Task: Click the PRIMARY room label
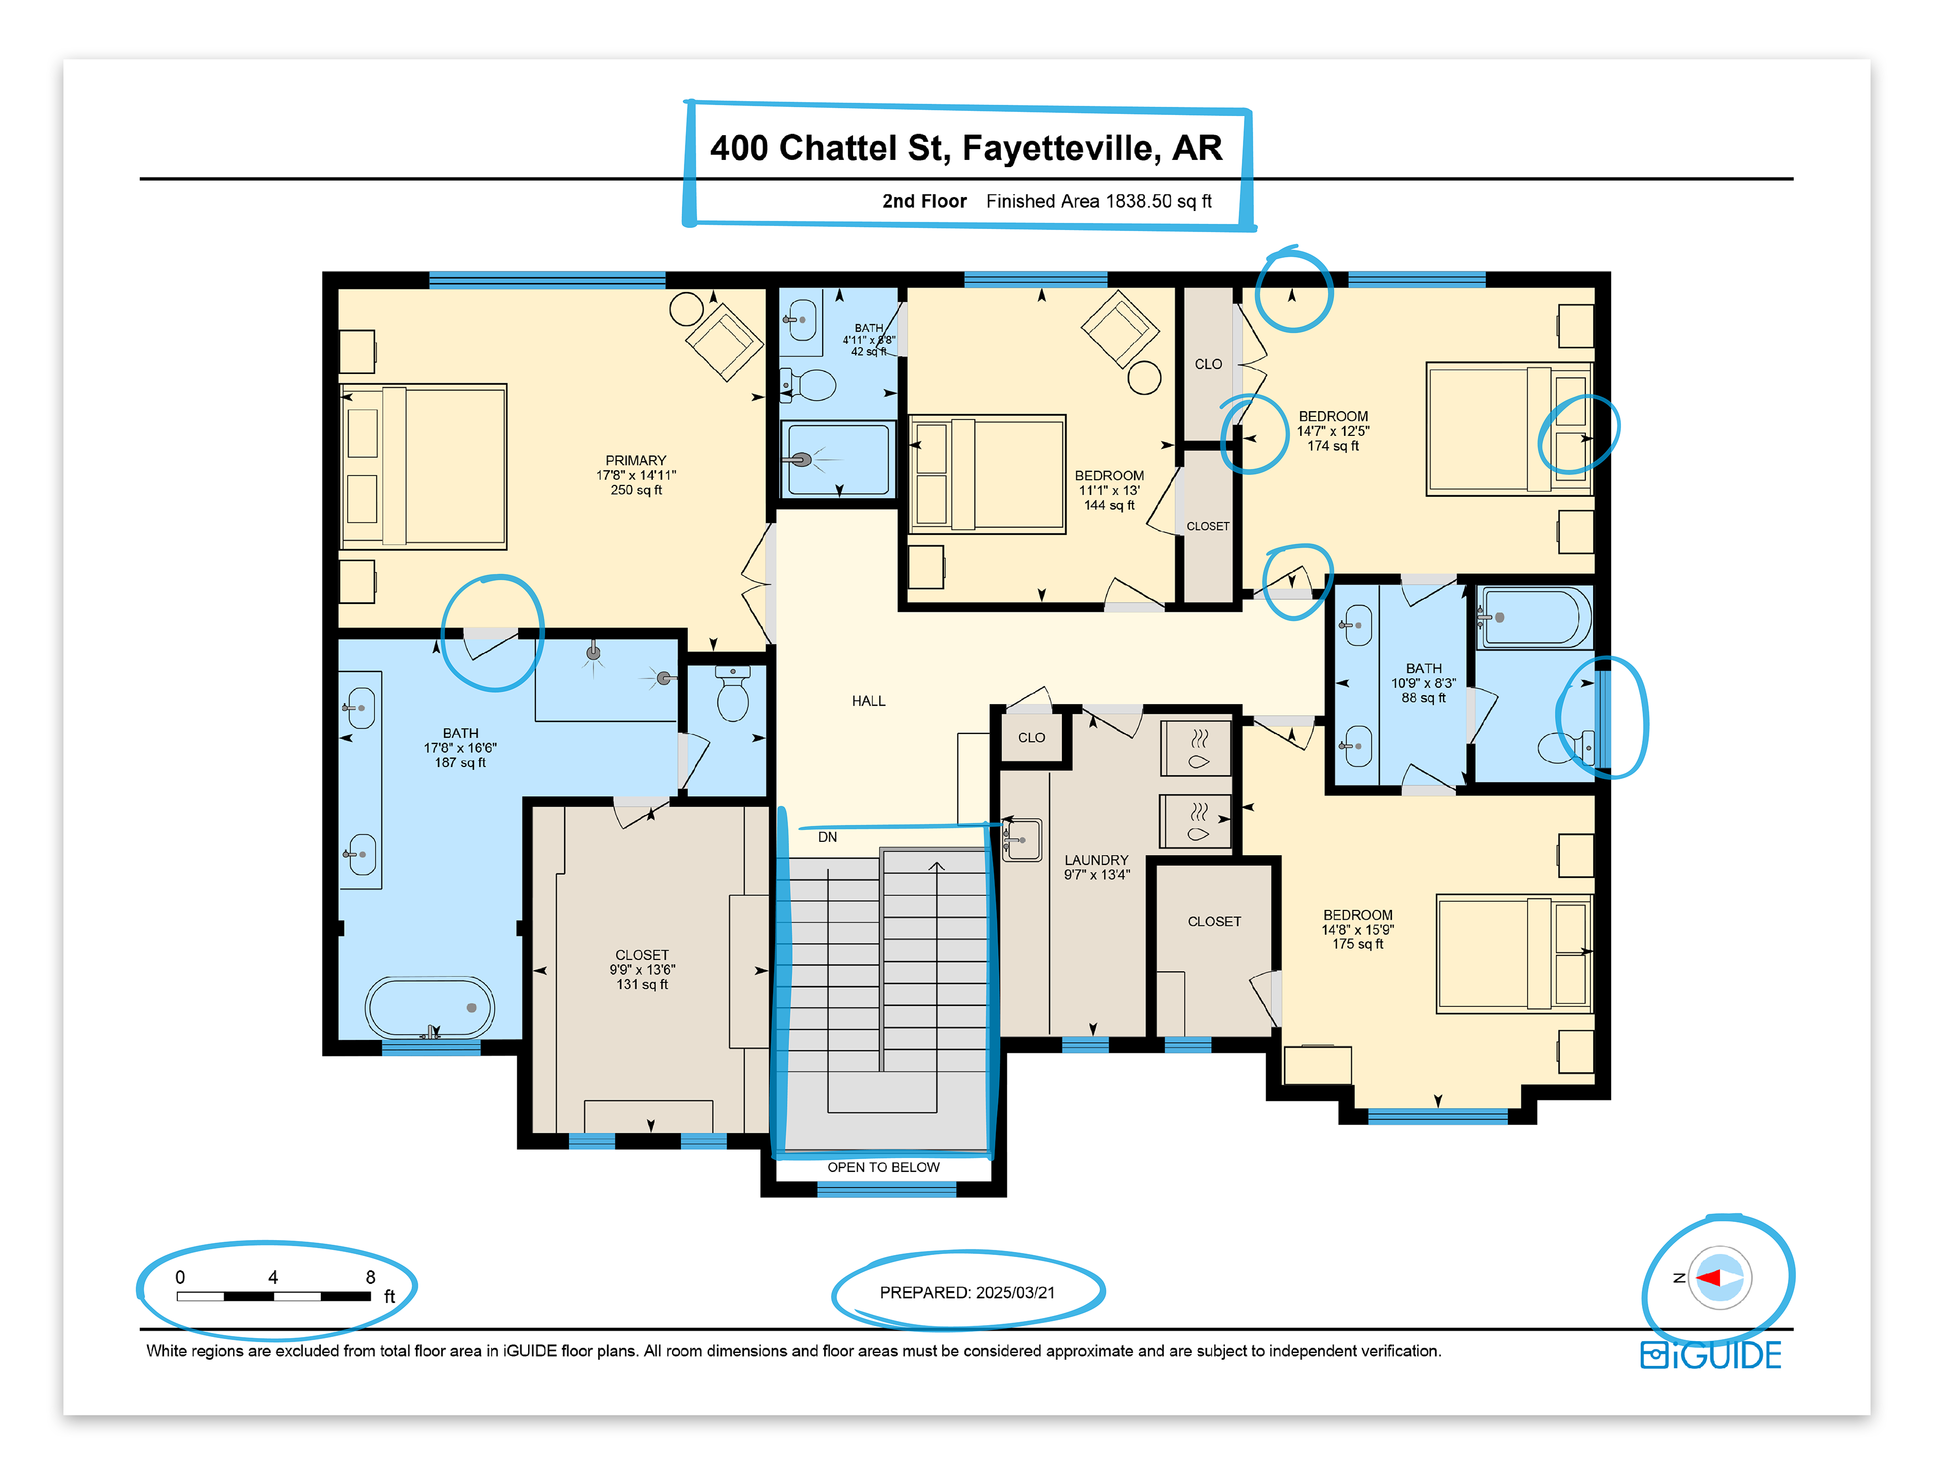click(635, 460)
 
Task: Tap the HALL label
click(868, 701)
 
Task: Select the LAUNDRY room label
click(1096, 860)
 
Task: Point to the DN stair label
click(827, 837)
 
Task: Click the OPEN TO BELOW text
click(883, 1167)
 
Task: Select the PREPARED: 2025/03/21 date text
click(968, 1292)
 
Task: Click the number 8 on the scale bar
click(371, 1277)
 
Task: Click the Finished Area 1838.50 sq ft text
click(1099, 201)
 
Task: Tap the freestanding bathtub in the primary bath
click(430, 1007)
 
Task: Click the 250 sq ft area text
click(635, 490)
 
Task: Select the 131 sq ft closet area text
click(642, 984)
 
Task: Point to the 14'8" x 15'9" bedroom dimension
click(1357, 930)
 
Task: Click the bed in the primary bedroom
click(424, 466)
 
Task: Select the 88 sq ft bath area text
click(1424, 697)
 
